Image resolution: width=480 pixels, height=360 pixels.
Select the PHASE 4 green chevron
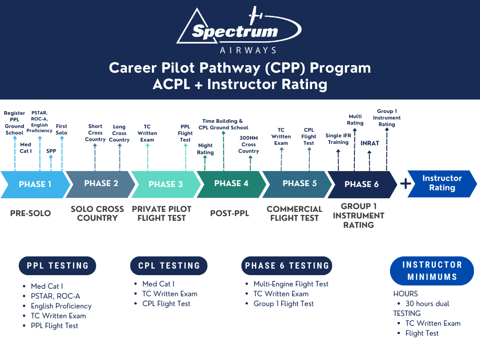[229, 184]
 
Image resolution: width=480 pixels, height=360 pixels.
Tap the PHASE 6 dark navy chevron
[361, 184]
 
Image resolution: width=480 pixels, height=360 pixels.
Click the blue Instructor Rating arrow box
[442, 183]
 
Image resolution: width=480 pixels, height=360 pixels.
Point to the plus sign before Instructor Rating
[405, 183]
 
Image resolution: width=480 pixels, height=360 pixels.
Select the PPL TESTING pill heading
[58, 266]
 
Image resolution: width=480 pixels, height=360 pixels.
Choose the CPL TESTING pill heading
[169, 266]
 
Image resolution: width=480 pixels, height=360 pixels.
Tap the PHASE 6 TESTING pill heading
[286, 266]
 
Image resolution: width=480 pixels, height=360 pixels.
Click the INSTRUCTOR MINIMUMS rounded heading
[432, 271]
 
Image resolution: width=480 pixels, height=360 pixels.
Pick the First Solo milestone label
[61, 129]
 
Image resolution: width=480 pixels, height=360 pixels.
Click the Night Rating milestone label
[205, 149]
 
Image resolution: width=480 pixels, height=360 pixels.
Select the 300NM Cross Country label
[248, 144]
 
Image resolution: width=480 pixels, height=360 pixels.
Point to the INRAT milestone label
[370, 143]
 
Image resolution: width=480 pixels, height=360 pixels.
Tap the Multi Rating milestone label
[355, 120]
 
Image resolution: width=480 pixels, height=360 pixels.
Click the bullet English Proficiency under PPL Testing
[61, 306]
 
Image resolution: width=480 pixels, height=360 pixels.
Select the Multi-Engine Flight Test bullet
[291, 284]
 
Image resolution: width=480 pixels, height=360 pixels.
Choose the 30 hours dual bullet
[427, 304]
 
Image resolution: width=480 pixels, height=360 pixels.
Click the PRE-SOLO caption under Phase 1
[30, 214]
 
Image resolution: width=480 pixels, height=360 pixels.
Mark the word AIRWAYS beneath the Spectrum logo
[248, 50]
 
